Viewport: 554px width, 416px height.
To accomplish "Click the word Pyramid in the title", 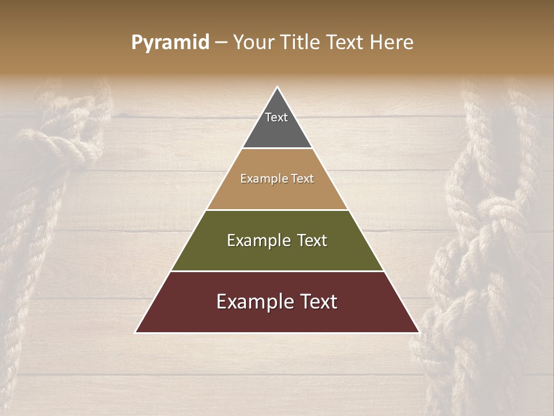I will [x=170, y=43].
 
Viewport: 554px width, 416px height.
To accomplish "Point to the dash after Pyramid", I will [x=221, y=43].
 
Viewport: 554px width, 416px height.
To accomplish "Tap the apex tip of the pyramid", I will [x=277, y=88].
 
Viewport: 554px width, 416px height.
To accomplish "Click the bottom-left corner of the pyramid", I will [x=136, y=332].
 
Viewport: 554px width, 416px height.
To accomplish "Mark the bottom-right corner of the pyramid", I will [x=418, y=332].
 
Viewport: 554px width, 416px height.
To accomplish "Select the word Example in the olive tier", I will [x=259, y=240].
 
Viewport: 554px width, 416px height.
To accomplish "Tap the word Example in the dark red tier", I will [x=253, y=302].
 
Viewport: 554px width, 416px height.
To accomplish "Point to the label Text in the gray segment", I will [x=276, y=117].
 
